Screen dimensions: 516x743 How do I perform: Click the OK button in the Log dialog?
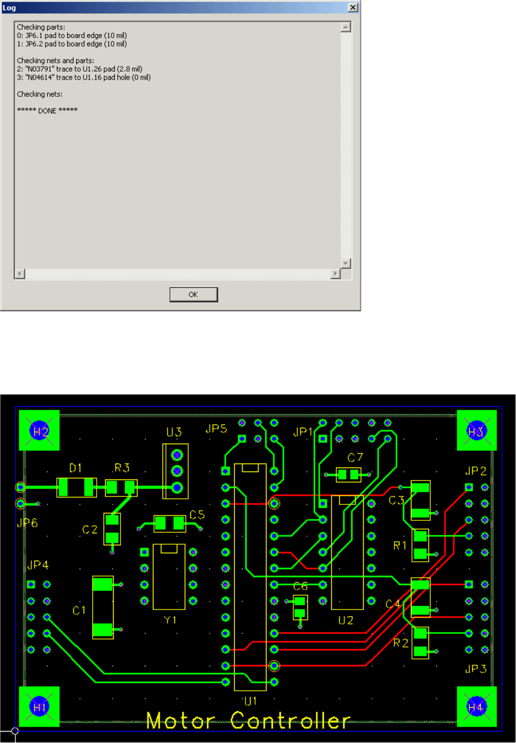(194, 294)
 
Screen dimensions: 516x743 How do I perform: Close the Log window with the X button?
(352, 7)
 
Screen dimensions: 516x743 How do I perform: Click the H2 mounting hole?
(40, 431)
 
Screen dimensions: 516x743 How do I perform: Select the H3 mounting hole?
(476, 431)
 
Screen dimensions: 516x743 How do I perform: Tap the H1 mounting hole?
(40, 707)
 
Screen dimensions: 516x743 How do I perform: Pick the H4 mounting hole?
(476, 707)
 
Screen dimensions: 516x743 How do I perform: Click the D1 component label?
(76, 467)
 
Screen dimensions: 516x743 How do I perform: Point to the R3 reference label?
(122, 467)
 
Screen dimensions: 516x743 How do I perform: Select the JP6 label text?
(27, 523)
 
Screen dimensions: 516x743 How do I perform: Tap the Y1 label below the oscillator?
(170, 620)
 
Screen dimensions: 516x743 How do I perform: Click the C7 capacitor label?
(356, 457)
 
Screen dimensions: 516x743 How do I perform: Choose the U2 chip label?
(346, 620)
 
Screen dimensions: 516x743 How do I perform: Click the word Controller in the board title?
(290, 721)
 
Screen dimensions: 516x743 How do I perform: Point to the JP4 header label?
(38, 565)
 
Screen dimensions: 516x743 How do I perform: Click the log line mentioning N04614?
(84, 77)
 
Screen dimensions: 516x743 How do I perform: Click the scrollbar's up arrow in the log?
(346, 27)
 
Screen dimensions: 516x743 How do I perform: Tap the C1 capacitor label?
(79, 610)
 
